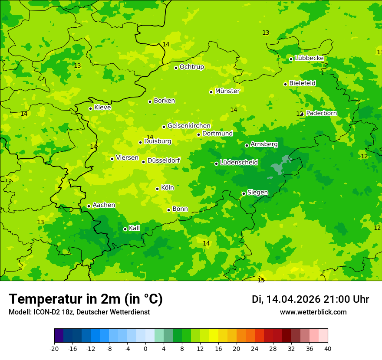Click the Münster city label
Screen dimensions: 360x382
227,91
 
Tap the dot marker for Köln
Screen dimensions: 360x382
157,189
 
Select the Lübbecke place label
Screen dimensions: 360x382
309,58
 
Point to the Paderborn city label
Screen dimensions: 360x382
321,113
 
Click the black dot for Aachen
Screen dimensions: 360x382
89,206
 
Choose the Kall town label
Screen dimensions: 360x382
135,228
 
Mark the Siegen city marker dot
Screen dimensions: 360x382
244,193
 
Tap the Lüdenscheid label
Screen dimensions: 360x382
239,163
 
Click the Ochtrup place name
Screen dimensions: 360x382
191,67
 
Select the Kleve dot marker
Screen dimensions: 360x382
90,108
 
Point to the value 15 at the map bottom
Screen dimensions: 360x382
261,280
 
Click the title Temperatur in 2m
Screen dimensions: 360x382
86,299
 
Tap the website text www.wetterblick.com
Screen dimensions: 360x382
313,312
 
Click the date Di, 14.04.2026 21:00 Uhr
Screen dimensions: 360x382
310,299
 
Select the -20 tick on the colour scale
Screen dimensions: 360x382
54,348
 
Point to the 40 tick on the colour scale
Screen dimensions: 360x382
328,348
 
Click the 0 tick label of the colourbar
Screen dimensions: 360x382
145,348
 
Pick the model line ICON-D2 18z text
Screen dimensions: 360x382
79,312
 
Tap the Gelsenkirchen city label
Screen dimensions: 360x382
189,126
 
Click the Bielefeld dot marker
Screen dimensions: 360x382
285,84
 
